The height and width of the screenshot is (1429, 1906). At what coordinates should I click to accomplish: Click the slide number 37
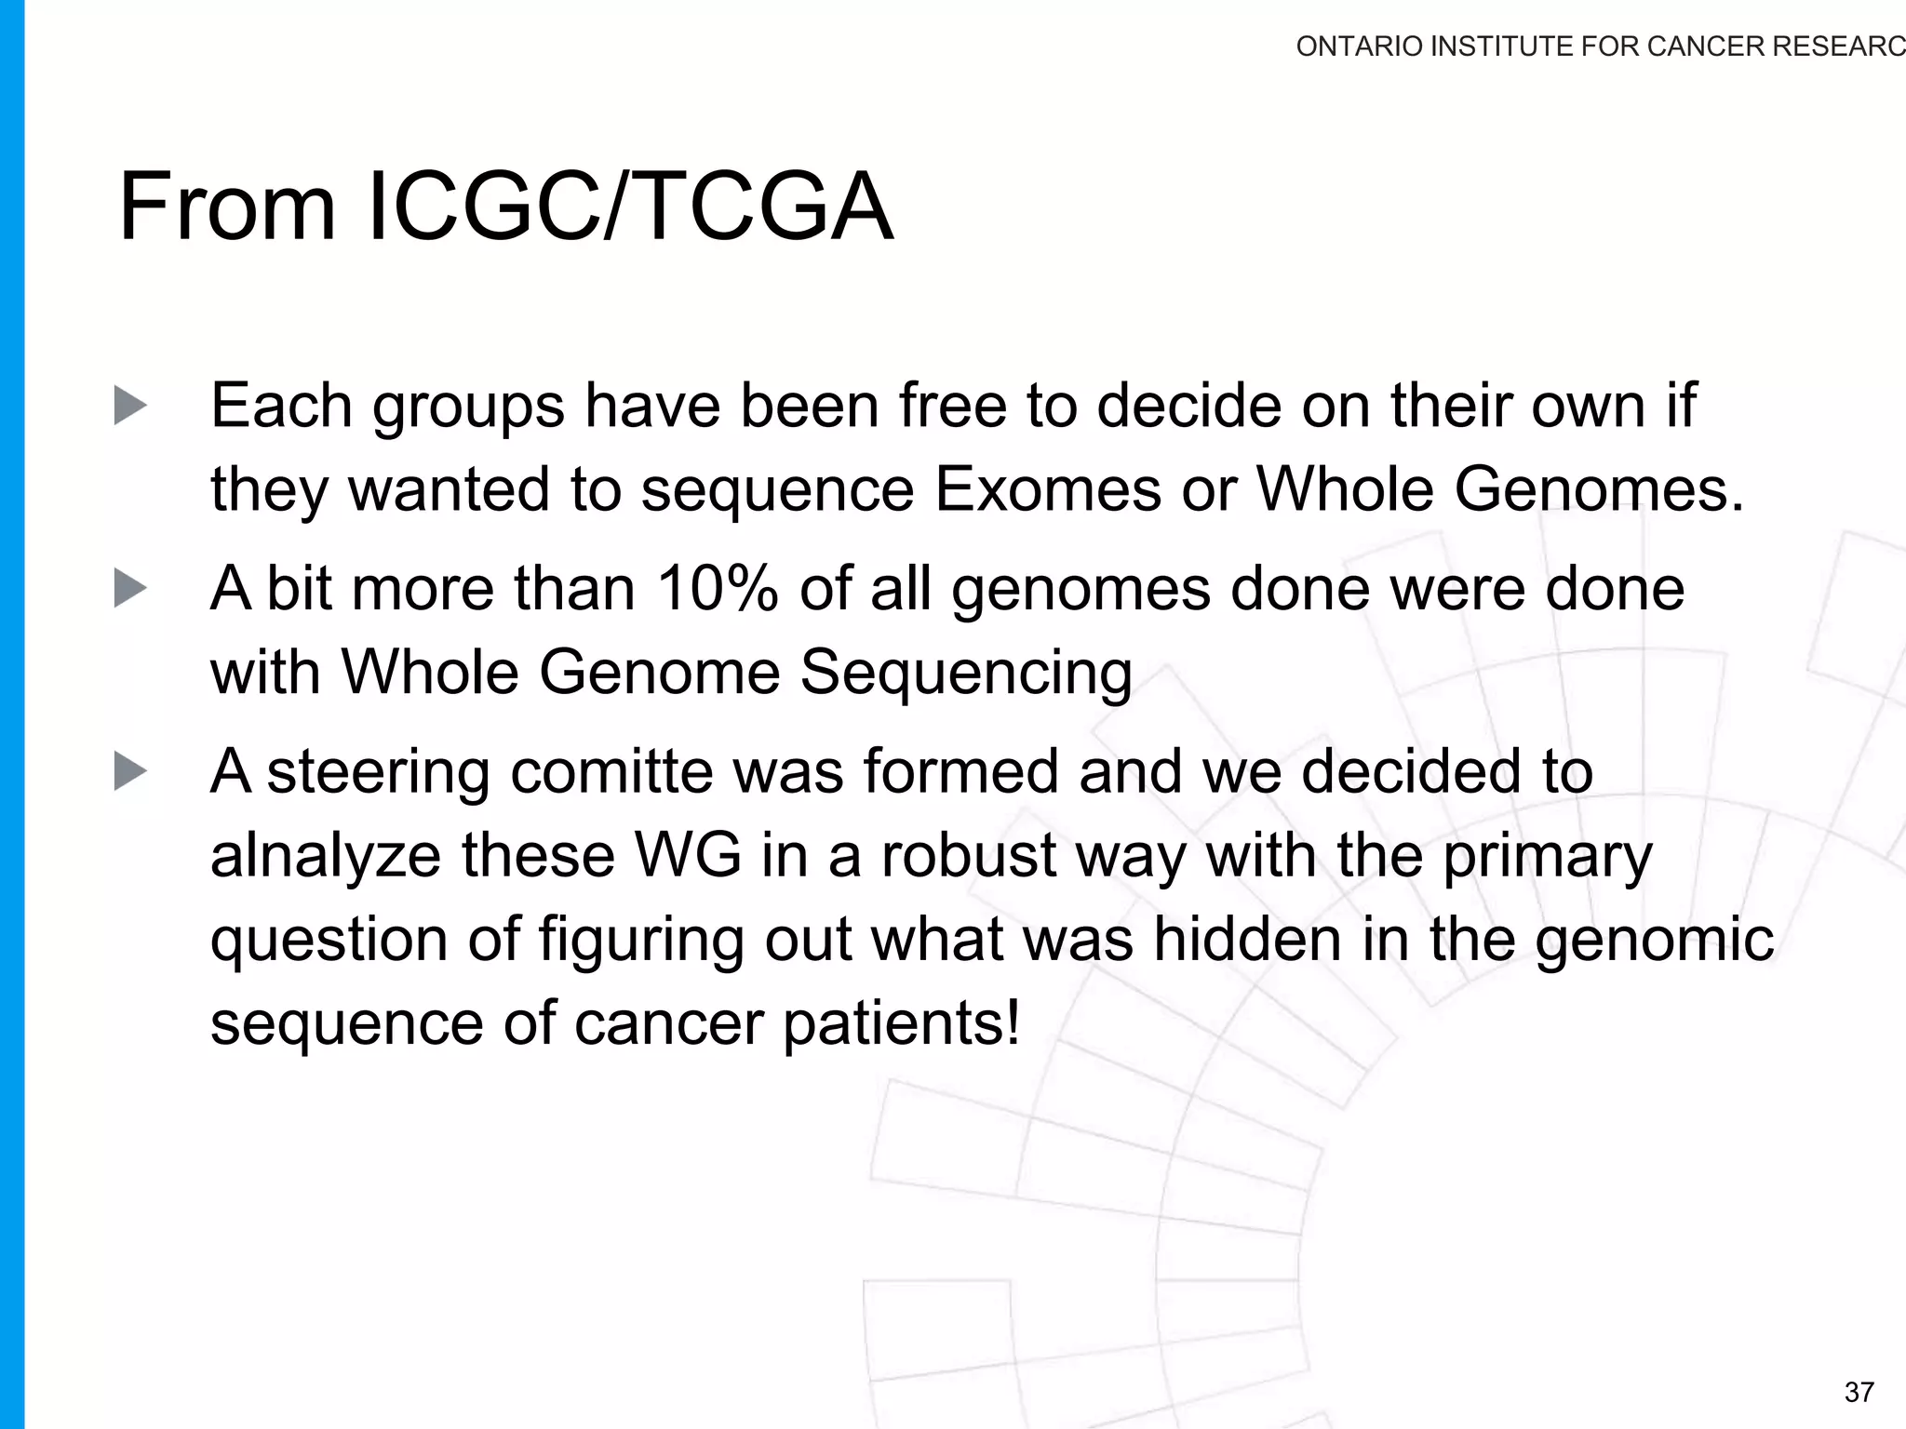[x=1859, y=1392]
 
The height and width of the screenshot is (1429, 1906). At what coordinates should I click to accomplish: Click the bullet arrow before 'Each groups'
[x=130, y=406]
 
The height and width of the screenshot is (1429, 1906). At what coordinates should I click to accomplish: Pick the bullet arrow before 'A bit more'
[x=130, y=589]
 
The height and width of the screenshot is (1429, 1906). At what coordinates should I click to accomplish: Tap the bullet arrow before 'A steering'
[x=130, y=771]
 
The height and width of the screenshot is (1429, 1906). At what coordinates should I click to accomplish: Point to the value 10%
[x=717, y=589]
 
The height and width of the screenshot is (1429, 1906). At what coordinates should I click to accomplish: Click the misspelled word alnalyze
[x=326, y=856]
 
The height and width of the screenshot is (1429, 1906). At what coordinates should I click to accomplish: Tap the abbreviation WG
[x=688, y=855]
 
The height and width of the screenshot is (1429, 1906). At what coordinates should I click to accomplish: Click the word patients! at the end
[x=901, y=1024]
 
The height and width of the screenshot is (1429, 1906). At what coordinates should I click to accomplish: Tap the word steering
[x=378, y=773]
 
